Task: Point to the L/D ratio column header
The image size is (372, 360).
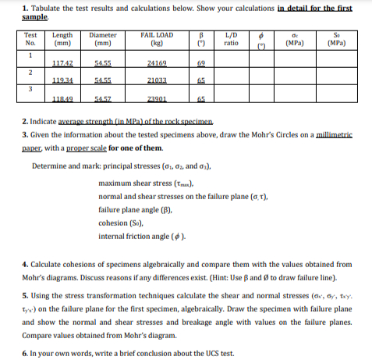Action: (231, 40)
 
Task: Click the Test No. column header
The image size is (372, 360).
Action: (30, 40)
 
